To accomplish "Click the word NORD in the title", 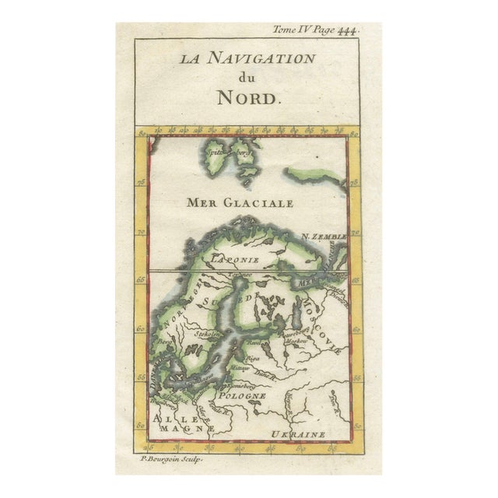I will coord(247,98).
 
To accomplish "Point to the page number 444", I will coord(345,31).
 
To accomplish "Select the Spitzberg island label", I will coord(221,154).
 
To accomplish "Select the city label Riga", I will coord(252,358).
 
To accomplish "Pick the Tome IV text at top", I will coord(289,31).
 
